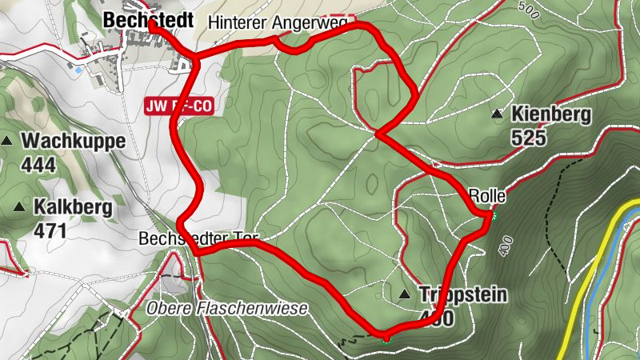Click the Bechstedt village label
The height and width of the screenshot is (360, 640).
(x=148, y=22)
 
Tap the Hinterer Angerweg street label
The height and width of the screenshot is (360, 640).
(x=276, y=24)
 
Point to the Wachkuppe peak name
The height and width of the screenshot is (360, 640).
(x=74, y=142)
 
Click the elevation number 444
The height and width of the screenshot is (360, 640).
(x=39, y=165)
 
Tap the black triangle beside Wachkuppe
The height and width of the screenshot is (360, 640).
(x=7, y=142)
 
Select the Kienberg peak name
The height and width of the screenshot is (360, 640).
(x=551, y=115)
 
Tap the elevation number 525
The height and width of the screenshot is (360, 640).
(x=529, y=138)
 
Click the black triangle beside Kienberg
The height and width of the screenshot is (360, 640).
(x=498, y=115)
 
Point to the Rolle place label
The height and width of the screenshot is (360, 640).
(x=485, y=195)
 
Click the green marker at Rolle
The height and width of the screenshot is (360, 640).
(x=494, y=216)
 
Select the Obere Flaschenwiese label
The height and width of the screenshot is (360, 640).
(x=226, y=309)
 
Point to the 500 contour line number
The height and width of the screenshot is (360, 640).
(x=527, y=9)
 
